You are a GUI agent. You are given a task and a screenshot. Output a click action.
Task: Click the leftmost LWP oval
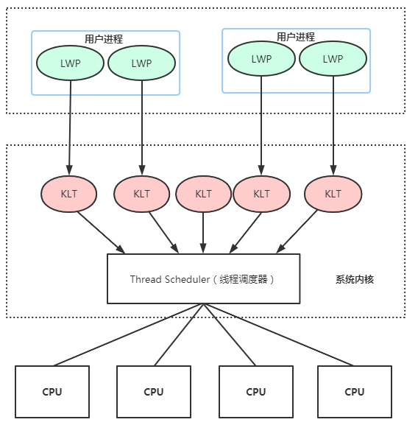(x=70, y=63)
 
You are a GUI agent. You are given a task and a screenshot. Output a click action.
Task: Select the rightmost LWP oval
(x=333, y=58)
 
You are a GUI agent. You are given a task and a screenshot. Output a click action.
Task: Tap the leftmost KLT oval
(x=68, y=194)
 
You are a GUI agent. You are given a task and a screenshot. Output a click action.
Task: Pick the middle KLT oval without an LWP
(x=203, y=194)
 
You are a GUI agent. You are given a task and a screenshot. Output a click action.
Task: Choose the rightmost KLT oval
(x=333, y=194)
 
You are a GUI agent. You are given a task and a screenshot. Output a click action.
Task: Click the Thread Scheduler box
(x=204, y=278)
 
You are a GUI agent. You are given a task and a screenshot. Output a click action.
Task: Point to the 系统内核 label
(x=355, y=279)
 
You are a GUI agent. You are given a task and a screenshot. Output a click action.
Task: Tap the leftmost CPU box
(x=52, y=392)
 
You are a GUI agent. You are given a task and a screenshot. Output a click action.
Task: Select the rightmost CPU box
(x=355, y=392)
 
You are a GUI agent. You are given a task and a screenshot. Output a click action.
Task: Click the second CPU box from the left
(x=154, y=392)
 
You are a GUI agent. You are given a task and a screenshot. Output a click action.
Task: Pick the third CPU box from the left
(x=256, y=392)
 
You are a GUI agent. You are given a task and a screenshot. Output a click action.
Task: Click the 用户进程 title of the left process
(x=104, y=39)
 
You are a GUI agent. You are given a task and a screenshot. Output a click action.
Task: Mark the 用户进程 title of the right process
(x=296, y=37)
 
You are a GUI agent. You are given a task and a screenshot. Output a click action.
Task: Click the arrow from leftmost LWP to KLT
(x=70, y=127)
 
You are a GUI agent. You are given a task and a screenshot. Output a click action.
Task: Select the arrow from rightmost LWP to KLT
(x=333, y=126)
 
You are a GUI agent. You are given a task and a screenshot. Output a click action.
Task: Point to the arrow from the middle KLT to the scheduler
(x=203, y=233)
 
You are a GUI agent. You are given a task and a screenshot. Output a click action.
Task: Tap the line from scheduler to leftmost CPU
(x=128, y=334)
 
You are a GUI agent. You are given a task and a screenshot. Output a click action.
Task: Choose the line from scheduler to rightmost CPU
(x=278, y=334)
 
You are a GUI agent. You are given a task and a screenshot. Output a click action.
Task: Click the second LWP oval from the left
(x=141, y=63)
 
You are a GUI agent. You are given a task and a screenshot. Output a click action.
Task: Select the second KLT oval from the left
(x=141, y=194)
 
